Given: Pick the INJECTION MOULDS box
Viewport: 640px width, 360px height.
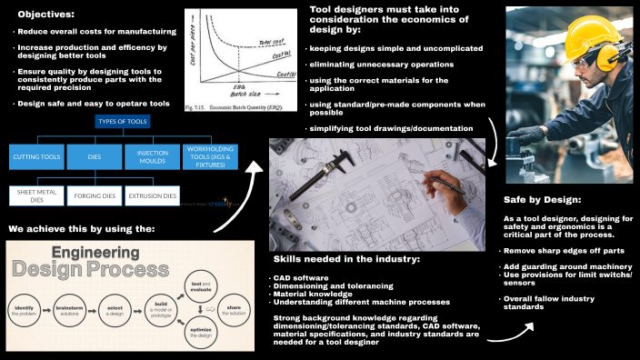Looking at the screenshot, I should pos(151,156).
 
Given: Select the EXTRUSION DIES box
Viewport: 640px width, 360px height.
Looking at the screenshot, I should pos(153,195).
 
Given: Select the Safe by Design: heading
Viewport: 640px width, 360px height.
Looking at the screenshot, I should pos(543,200).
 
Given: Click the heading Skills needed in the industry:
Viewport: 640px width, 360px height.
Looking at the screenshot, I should pos(346,258).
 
